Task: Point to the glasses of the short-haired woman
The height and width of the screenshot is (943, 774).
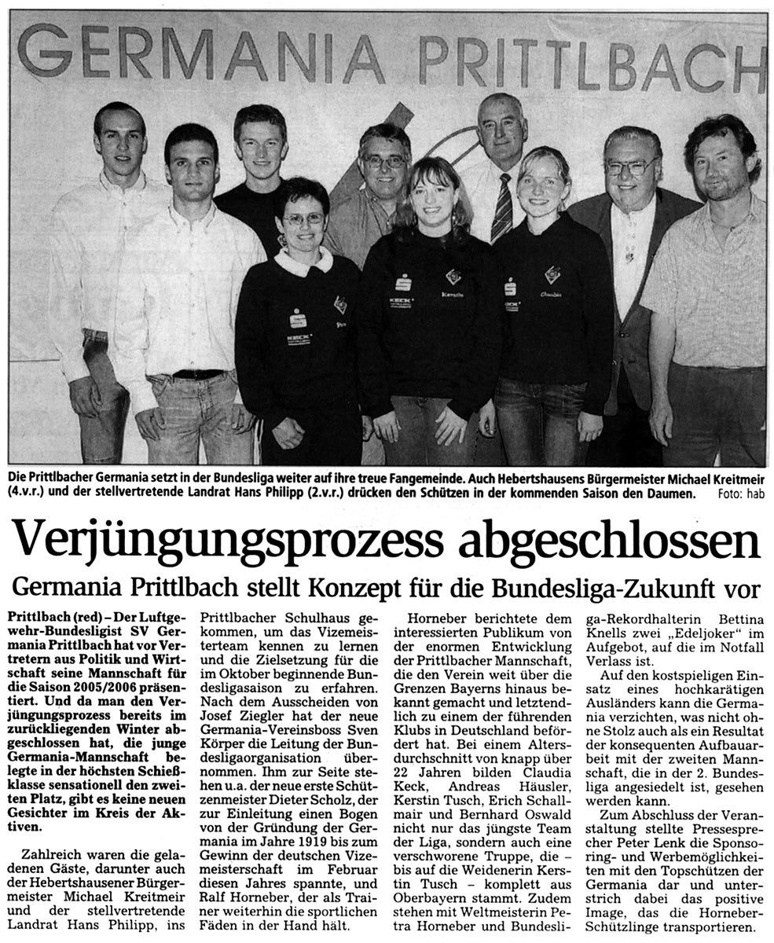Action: coord(301,219)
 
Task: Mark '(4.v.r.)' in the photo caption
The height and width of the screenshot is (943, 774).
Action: coord(24,494)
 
